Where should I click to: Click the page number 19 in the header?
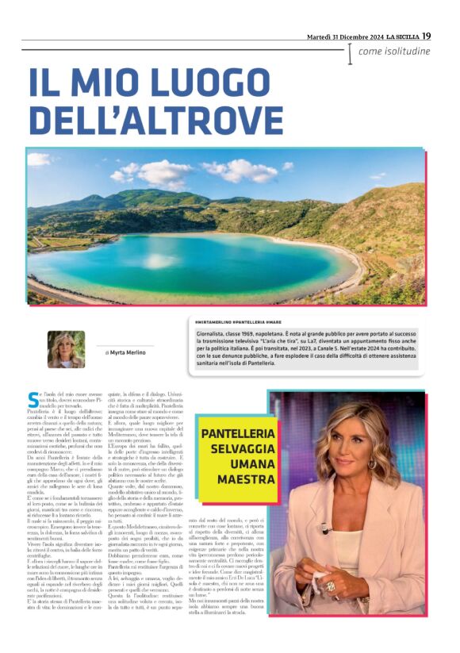point(426,36)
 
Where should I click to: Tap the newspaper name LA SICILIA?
point(398,36)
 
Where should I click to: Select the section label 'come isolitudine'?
point(394,52)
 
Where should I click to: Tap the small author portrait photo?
point(66,349)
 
